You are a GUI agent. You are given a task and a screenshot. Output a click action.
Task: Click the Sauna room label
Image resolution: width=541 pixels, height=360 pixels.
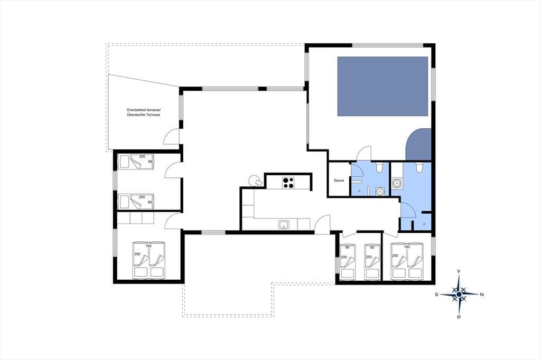pos(339,181)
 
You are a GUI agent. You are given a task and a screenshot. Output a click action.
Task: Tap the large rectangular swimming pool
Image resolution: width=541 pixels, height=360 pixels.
pos(383,86)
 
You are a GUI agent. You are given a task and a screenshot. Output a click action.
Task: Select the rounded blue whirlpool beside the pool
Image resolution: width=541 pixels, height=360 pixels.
pos(418,145)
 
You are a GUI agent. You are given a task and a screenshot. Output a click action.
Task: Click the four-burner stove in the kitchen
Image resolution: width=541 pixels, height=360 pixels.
pos(288,183)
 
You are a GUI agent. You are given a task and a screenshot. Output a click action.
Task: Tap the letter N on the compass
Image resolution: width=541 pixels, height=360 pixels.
pos(482,294)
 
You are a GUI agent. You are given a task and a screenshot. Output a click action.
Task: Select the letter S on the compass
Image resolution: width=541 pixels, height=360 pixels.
pos(436,294)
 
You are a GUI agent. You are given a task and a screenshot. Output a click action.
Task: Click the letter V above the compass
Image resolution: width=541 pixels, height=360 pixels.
pos(459,271)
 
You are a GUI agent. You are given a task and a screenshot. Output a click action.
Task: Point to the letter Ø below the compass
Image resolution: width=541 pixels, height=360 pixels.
pos(459,317)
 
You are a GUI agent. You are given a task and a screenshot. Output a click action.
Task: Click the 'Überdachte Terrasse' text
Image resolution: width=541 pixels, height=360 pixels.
pos(143,115)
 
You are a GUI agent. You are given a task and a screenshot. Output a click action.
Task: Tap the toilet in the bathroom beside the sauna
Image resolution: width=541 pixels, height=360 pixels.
pos(379,167)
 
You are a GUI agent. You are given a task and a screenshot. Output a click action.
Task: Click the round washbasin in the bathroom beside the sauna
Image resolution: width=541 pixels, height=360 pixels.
pos(380,191)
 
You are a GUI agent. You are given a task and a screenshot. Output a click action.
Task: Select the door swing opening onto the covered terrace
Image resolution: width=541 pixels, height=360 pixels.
pos(172,136)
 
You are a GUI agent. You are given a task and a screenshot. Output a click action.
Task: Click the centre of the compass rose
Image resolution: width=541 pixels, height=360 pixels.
pos(459,294)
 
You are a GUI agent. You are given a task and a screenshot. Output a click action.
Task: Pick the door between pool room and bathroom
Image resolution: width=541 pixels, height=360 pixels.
pos(365,154)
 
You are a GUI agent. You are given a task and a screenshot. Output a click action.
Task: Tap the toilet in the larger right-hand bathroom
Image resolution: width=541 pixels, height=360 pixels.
pos(419,167)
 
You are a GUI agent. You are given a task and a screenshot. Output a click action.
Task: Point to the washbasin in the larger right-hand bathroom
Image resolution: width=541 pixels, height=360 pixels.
pos(396,183)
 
